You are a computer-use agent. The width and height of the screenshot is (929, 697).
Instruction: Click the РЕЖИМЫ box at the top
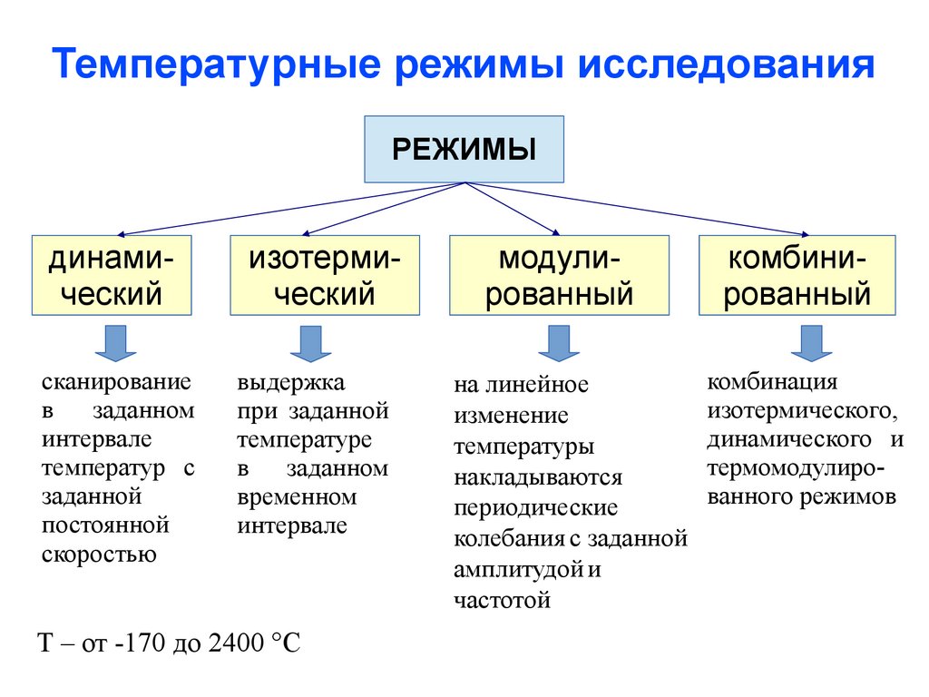coord(464,149)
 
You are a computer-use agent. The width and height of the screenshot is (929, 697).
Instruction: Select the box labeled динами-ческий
coord(112,275)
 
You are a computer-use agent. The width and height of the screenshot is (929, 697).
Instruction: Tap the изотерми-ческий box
coord(325,275)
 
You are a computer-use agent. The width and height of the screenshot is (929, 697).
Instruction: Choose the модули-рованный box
coord(559,275)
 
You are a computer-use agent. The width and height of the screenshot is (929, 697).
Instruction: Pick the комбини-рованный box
coord(797,275)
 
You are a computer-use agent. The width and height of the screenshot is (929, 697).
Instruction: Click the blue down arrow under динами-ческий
coord(115,343)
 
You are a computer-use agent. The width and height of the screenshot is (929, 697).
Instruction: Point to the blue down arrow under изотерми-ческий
coord(310,343)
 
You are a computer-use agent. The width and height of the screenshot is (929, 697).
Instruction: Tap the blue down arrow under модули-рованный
coord(559,343)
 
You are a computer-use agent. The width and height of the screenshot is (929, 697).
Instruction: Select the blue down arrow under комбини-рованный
coord(811,343)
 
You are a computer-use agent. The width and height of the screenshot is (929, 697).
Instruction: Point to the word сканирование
coord(116,382)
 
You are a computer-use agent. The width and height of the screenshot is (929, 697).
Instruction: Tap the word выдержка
coord(291,382)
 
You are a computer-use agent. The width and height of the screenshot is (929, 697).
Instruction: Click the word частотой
coord(503,600)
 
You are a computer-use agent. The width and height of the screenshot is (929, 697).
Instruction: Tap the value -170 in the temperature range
coord(138,644)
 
